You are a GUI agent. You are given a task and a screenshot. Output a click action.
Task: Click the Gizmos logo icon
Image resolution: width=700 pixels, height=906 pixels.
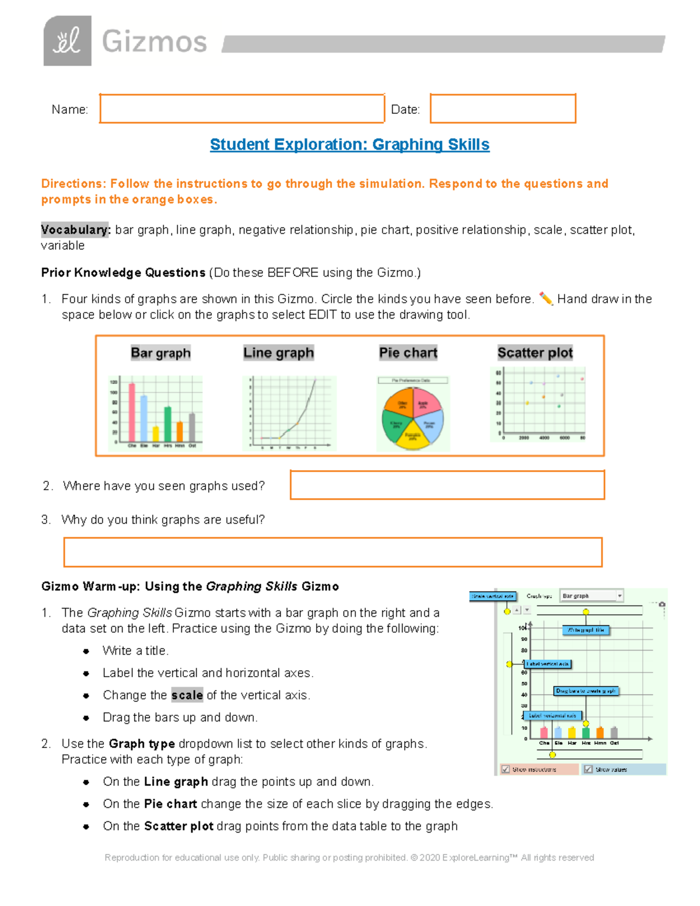pos(67,41)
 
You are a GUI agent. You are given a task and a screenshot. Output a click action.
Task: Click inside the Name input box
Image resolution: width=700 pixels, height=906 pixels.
pos(242,109)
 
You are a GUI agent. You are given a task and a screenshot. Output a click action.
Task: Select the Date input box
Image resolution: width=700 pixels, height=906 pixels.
pos(503,109)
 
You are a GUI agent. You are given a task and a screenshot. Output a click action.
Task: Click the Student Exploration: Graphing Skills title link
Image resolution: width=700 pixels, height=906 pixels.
pos(349,145)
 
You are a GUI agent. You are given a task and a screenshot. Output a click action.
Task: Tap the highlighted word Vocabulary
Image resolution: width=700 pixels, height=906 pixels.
pos(75,230)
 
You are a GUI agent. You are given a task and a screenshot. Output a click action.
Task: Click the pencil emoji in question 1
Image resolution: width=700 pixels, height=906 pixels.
pos(545,299)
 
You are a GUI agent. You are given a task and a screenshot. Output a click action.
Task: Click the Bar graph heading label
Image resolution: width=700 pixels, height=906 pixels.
pos(160,353)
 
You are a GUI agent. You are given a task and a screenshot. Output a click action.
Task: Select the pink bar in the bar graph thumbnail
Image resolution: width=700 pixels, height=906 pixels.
pos(132,412)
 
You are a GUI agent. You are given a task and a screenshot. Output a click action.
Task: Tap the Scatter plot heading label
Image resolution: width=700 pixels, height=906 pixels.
pos(535,353)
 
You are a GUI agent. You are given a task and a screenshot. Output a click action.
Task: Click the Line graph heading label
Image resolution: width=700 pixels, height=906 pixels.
pos(278,353)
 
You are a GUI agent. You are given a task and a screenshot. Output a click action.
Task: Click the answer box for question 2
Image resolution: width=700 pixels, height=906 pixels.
pos(447,485)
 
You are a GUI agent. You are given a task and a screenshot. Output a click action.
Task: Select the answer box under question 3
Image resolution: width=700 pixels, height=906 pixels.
pos(332,552)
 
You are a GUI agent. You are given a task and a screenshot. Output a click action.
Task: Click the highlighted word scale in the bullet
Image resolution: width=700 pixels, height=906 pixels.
pos(187,695)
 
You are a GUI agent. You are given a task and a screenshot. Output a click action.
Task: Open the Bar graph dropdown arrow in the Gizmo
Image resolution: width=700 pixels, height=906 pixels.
pos(619,596)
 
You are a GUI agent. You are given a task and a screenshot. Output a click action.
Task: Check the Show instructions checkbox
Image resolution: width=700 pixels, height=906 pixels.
pos(506,769)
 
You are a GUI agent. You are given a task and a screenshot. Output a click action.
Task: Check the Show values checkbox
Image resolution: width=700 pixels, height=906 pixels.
pos(588,769)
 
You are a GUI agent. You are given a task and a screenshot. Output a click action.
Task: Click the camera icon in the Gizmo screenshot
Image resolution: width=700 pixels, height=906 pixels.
pos(661,604)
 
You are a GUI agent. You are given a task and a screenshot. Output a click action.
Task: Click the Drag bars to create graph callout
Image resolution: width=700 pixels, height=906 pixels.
pos(585,691)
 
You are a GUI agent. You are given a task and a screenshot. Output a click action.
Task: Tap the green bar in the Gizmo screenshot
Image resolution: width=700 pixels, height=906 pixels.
pos(585,733)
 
